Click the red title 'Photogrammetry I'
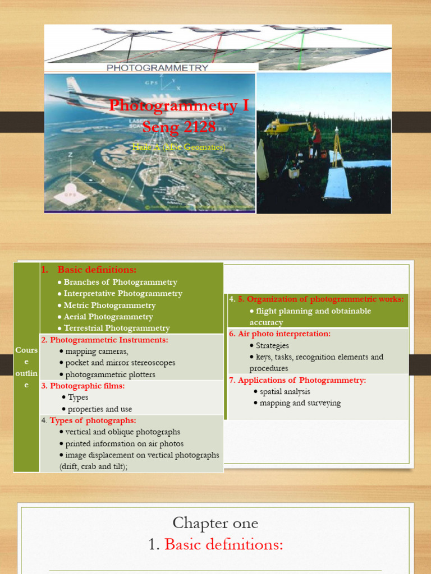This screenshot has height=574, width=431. point(178,106)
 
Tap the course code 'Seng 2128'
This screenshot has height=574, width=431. point(178,127)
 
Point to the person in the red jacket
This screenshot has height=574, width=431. point(317,137)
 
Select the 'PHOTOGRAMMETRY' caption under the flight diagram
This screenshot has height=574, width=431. point(157,68)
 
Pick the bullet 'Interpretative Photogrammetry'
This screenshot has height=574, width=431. point(123,294)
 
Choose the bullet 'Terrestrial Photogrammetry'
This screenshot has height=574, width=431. point(117,328)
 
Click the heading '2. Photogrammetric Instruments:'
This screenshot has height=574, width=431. point(104,340)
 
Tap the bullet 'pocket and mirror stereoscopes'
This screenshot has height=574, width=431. point(120,363)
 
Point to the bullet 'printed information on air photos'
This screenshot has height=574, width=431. point(124,443)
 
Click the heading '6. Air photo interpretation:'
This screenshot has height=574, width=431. point(279,334)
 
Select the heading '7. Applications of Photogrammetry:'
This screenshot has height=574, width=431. point(297,380)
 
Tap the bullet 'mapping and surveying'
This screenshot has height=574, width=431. point(300,403)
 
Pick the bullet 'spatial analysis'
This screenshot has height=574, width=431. point(285,392)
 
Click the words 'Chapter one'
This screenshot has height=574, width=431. point(215,523)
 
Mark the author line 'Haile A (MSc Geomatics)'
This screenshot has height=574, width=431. point(178,147)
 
